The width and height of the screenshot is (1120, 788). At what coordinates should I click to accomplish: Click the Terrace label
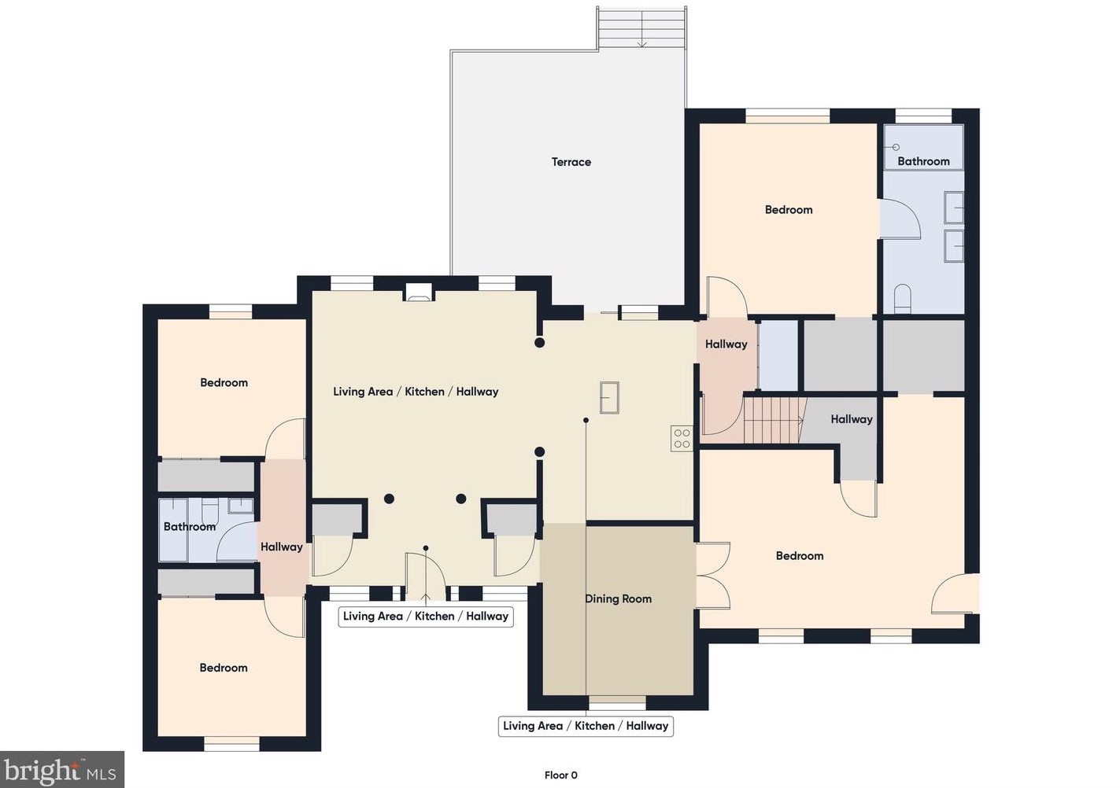(571, 162)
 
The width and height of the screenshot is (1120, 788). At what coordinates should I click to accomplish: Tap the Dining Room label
(619, 598)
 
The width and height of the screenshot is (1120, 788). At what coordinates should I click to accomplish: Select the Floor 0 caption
(560, 775)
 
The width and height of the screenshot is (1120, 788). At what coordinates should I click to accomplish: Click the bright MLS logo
(62, 769)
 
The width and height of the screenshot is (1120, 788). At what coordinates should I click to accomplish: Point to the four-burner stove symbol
(682, 439)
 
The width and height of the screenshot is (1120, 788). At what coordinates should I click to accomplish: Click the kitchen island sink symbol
(609, 397)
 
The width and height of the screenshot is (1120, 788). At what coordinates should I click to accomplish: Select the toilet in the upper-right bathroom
(903, 299)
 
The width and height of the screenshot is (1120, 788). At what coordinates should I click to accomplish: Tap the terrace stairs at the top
(642, 28)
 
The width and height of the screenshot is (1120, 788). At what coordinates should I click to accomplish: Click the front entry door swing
(426, 576)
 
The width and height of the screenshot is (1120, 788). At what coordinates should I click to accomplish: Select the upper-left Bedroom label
(224, 383)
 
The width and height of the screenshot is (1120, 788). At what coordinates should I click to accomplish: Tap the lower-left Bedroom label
(224, 668)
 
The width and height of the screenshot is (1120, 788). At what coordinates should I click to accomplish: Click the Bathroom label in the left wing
(190, 527)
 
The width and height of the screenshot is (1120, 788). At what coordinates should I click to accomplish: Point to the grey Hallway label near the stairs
(852, 419)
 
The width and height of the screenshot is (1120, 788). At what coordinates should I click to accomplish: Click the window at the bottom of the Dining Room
(618, 705)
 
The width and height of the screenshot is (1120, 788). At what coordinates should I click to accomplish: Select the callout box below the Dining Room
(586, 726)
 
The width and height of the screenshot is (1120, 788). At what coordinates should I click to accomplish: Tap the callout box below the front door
(426, 616)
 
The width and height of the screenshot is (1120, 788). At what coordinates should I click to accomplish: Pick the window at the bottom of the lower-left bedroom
(231, 746)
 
